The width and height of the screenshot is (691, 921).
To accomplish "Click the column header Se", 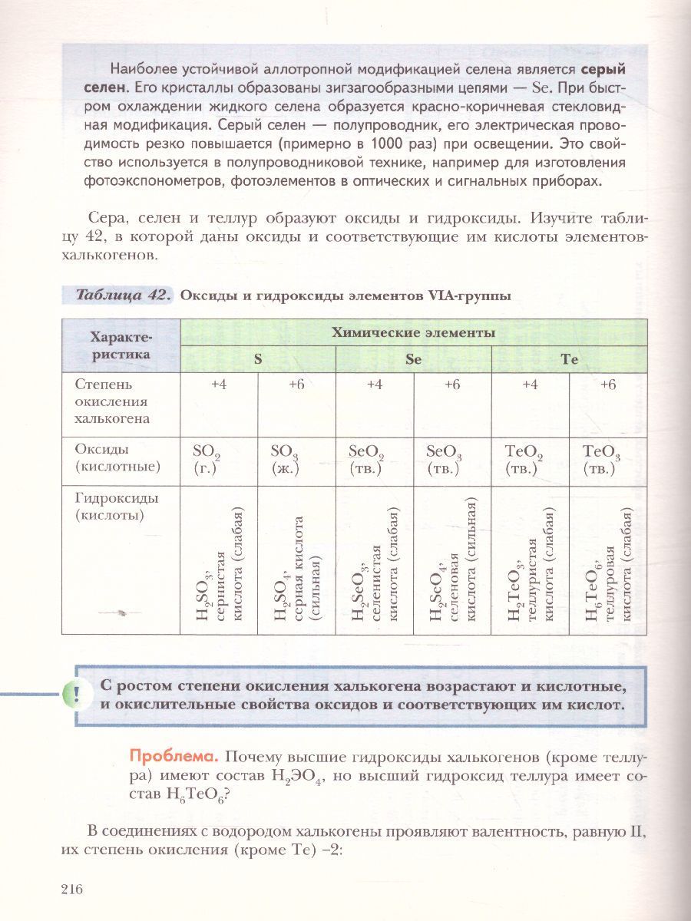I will point(413,359).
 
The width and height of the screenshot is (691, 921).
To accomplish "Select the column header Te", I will point(569,359).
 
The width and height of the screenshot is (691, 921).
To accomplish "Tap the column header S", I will point(258,359).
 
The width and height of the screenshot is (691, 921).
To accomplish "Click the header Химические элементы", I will point(413,332).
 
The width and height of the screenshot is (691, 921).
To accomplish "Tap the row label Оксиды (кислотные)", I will point(117,458).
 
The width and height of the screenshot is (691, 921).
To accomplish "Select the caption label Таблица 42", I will point(123,297).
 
